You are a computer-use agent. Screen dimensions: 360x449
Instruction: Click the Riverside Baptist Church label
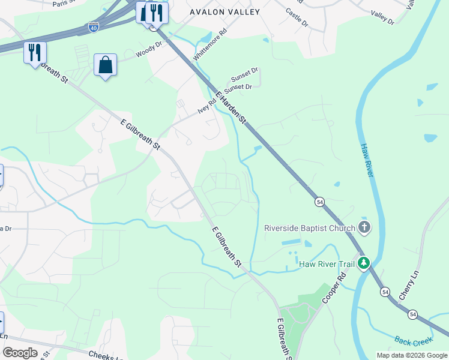pos(309,228)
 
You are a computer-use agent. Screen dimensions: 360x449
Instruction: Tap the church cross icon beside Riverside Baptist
pos(363,227)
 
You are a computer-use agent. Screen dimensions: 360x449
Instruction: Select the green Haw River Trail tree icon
pos(363,263)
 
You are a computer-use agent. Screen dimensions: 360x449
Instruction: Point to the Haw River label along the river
pos(367,160)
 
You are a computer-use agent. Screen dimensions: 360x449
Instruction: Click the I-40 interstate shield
pos(93,27)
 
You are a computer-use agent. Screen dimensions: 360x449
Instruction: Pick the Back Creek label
pos(414,341)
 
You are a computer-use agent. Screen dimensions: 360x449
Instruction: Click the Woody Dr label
pos(149,50)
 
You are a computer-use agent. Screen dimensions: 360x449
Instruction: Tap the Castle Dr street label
pos(297,20)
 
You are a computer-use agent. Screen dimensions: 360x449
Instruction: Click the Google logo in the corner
pos(19,353)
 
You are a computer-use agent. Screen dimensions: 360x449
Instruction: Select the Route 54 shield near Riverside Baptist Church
pos(319,203)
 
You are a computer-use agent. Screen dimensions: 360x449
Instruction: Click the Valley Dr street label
pos(382,18)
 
